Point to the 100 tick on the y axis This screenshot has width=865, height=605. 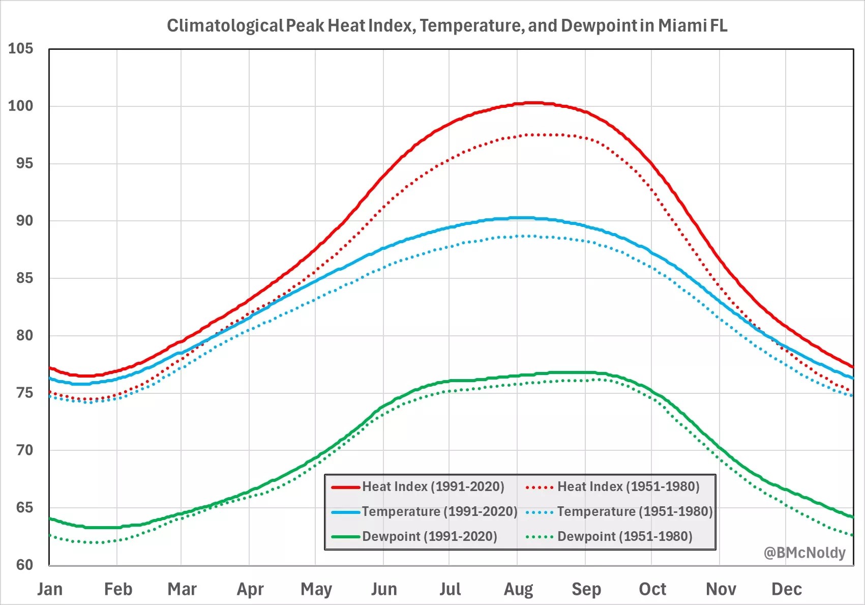coord(20,106)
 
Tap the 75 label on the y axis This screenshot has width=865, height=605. coord(20,393)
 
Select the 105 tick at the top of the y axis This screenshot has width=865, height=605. coord(20,49)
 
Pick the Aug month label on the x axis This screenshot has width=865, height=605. coord(518,589)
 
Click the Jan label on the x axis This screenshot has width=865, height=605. coord(50,589)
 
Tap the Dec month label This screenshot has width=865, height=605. coord(786,589)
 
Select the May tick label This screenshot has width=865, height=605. coord(316,589)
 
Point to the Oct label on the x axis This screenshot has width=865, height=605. coord(652,589)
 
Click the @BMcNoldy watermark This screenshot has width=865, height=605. coord(804,553)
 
